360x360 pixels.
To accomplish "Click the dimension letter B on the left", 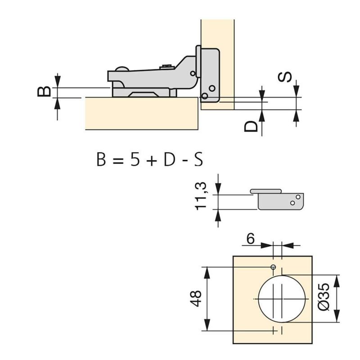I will pos(44,91).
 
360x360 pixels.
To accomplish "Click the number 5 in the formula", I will pos(135,160).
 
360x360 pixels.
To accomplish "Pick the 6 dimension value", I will pos(251,239).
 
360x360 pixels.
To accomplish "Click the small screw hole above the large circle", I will pos(273,267).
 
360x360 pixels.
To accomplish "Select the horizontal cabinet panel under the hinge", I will pos(142,114).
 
